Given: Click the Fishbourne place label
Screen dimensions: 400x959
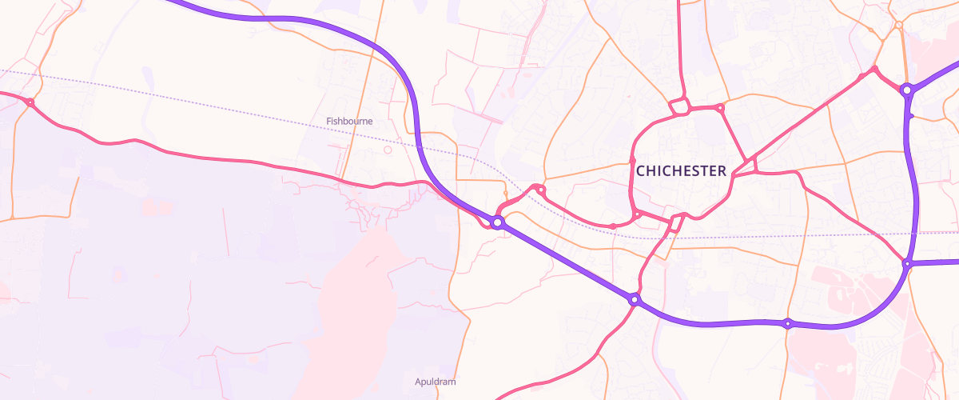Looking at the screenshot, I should (x=349, y=122).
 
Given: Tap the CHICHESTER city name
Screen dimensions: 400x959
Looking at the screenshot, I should (x=681, y=170).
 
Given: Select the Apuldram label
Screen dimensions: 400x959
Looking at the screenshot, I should (x=436, y=382).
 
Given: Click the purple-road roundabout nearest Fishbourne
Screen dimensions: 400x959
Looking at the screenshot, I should (x=497, y=222).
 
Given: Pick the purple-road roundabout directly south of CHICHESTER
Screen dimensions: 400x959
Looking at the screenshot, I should (x=635, y=300).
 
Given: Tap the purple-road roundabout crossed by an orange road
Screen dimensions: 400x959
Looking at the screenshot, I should (x=788, y=324).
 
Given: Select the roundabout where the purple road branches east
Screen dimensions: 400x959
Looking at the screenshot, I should (x=907, y=263).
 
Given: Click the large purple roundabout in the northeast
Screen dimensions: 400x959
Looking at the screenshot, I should (x=907, y=90).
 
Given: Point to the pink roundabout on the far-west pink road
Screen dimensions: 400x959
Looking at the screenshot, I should (x=30, y=102).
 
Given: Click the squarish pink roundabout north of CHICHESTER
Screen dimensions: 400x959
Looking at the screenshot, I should (x=680, y=106).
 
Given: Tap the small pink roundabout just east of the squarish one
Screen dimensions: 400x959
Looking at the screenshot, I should (x=720, y=107).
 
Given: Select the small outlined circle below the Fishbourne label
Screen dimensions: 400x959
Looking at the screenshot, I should (x=388, y=150).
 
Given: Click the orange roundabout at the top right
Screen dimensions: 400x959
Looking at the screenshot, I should (x=898, y=26).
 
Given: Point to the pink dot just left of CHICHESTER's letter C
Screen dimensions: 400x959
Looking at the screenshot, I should (x=632, y=160).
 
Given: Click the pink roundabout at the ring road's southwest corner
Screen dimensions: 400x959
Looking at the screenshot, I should (x=637, y=214).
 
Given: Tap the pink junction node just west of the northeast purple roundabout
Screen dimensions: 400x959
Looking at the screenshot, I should (x=874, y=70).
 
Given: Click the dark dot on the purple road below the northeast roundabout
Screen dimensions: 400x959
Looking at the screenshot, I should (x=911, y=116).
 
